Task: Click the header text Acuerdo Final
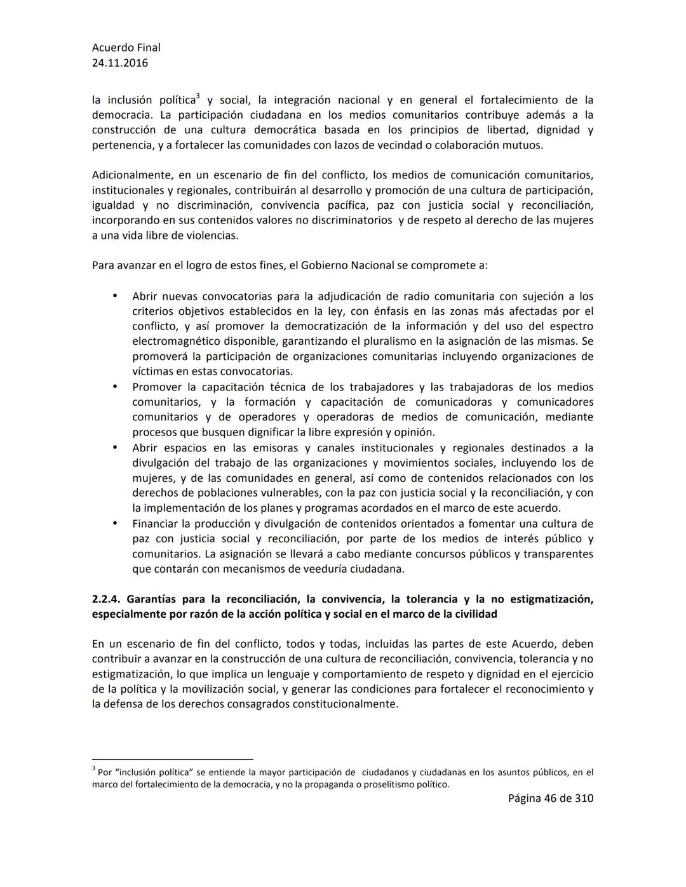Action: (x=126, y=48)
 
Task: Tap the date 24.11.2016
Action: (x=120, y=63)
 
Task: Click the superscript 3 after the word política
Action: (x=198, y=97)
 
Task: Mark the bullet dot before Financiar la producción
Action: (x=115, y=524)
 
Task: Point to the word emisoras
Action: (x=277, y=448)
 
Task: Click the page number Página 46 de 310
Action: (x=550, y=799)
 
